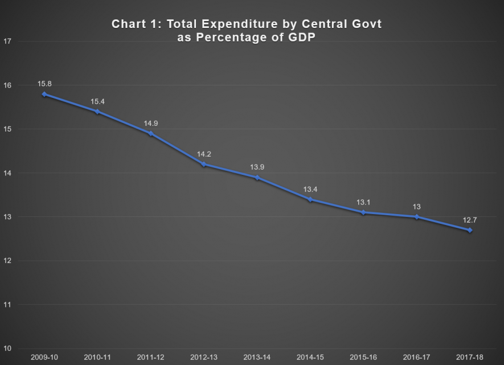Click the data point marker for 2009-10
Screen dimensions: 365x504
click(x=44, y=94)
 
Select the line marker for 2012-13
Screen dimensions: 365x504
click(x=204, y=164)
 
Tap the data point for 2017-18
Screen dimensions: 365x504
click(x=470, y=230)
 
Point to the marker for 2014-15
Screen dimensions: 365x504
click(x=310, y=199)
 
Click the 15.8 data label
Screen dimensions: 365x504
click(x=45, y=84)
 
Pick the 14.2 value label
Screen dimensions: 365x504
click(x=204, y=154)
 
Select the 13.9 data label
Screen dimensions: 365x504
click(x=257, y=167)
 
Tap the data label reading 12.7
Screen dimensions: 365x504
click(x=470, y=220)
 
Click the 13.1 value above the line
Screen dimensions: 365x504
click(x=363, y=202)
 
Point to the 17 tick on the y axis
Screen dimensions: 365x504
click(x=6, y=41)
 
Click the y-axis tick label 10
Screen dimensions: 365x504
click(x=6, y=348)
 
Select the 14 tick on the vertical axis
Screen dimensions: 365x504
click(x=6, y=173)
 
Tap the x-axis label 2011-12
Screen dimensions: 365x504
click(x=150, y=358)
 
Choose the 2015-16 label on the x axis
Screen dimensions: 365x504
click(x=363, y=358)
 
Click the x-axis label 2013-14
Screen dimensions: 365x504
click(x=257, y=358)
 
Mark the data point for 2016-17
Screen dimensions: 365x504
click(x=417, y=217)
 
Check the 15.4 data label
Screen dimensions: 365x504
click(x=97, y=101)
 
